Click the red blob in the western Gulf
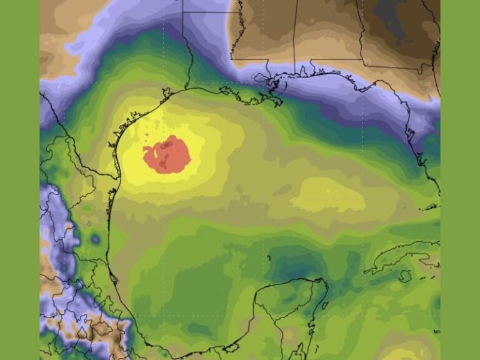tap(167, 154)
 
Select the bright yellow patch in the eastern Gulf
tap(328, 195)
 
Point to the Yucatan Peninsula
tap(294, 306)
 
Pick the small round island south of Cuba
tap(405, 274)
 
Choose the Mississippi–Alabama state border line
tap(295, 37)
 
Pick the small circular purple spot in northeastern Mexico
tap(95, 239)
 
